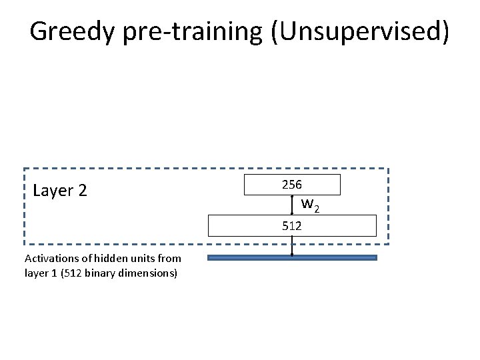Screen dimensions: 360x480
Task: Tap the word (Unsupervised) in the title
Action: (x=360, y=31)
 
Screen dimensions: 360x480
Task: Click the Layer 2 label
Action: (x=59, y=191)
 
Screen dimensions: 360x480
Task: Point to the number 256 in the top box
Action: (x=291, y=184)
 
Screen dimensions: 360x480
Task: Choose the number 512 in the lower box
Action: (x=291, y=226)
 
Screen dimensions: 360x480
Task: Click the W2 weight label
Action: (x=311, y=205)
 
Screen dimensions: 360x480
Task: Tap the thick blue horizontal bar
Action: (x=292, y=257)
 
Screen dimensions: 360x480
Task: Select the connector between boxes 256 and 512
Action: (x=292, y=205)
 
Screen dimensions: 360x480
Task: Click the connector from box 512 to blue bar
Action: (x=292, y=246)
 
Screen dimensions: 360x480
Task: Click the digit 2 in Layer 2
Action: (x=82, y=191)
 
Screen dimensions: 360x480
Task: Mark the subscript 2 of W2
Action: (x=317, y=209)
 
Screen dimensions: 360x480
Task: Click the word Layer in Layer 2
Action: (x=53, y=191)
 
